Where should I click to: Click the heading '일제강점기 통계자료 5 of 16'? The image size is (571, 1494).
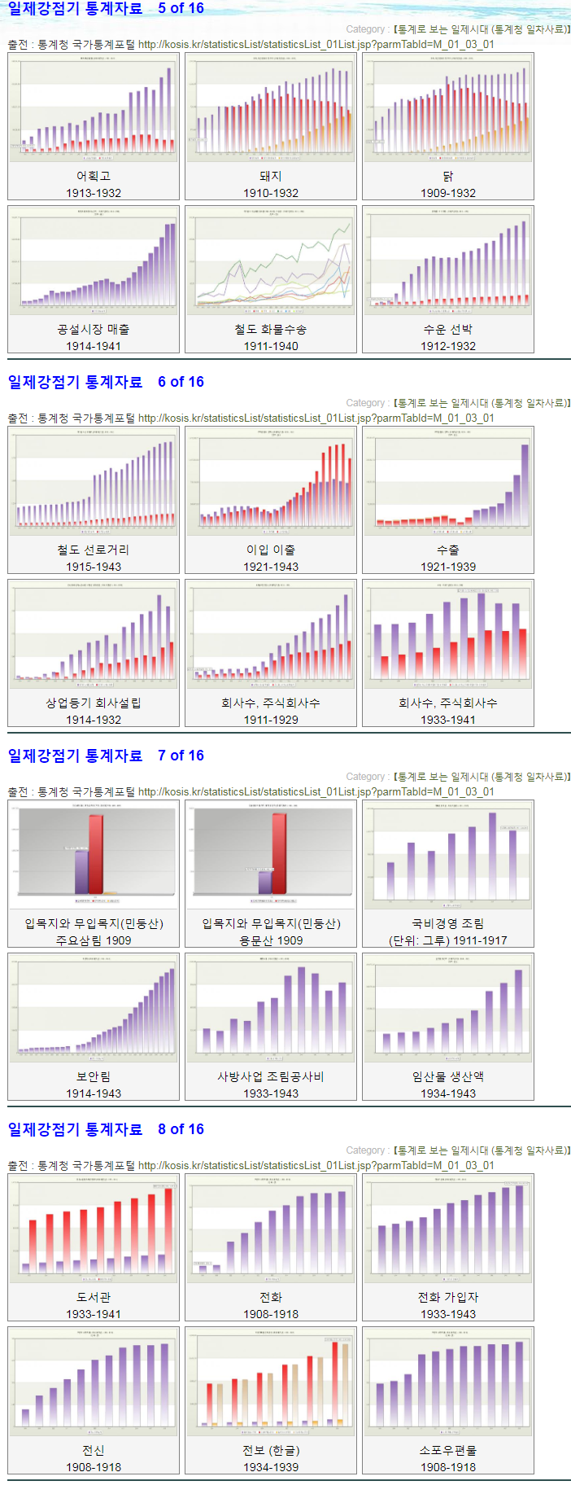tap(106, 9)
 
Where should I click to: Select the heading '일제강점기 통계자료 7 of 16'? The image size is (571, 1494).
tap(106, 756)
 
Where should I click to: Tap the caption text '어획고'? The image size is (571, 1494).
tap(94, 176)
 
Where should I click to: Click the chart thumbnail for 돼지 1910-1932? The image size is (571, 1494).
tap(271, 107)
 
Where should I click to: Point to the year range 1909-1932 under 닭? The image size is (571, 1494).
tap(448, 193)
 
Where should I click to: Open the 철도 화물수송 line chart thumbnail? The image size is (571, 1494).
tap(271, 261)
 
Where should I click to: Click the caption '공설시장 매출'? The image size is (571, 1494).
tap(94, 329)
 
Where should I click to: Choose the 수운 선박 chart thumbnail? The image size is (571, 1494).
tap(448, 261)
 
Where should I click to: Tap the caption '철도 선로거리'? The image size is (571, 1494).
tap(94, 550)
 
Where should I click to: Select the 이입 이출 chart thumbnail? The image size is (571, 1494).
tap(271, 481)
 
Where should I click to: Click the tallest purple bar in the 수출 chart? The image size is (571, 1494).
tap(525, 484)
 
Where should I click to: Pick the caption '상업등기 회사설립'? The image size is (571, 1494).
tap(94, 703)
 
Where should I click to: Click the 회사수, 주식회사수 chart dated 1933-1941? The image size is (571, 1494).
tap(448, 634)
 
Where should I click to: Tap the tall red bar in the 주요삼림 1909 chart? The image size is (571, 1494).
tap(96, 853)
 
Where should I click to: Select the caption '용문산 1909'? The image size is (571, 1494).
tap(271, 940)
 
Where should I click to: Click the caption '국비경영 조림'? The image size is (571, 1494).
tap(448, 923)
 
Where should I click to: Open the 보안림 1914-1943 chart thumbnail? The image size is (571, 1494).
tap(94, 1008)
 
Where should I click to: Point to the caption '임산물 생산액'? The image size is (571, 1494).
tap(448, 1076)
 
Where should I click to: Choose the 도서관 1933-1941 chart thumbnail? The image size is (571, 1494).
tap(94, 1229)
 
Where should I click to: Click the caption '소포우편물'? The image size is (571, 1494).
tap(448, 1450)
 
